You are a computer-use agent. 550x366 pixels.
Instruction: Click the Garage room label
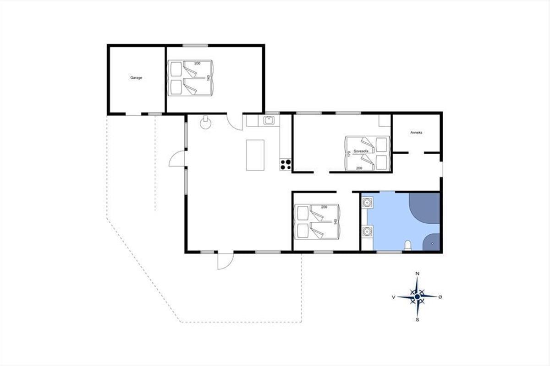click(x=136, y=78)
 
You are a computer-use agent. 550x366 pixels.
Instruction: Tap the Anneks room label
click(x=416, y=133)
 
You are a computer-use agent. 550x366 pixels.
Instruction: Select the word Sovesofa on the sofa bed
click(x=361, y=151)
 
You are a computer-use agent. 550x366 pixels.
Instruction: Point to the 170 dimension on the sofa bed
click(x=349, y=154)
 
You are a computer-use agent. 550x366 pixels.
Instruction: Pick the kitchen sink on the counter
click(x=269, y=120)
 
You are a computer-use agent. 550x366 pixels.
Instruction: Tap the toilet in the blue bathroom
click(x=408, y=246)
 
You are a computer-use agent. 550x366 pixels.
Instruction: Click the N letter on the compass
click(x=417, y=274)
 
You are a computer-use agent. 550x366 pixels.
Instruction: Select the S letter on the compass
click(x=417, y=320)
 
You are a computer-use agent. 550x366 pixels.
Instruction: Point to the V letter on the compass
click(x=394, y=297)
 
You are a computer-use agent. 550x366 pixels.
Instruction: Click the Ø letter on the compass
click(x=440, y=297)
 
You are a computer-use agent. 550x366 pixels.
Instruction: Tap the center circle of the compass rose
click(x=417, y=297)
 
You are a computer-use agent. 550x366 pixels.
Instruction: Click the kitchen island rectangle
click(x=255, y=155)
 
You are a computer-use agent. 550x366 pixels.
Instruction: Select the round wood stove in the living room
click(x=205, y=123)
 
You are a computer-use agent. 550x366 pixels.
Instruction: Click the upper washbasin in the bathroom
click(x=367, y=203)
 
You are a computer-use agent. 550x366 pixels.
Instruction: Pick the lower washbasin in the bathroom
click(x=367, y=231)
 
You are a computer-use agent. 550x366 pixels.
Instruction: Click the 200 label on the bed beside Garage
click(x=197, y=64)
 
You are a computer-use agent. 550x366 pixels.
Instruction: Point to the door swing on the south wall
click(x=225, y=261)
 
